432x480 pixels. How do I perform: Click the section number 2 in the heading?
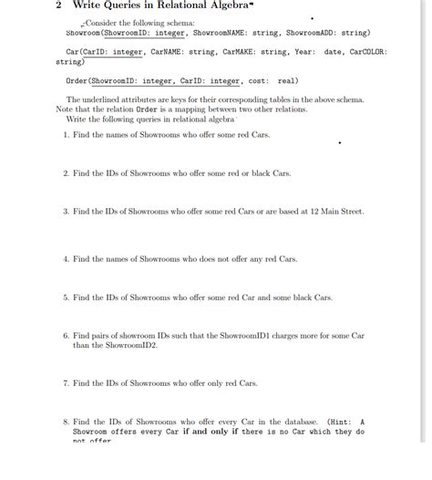(x=58, y=5)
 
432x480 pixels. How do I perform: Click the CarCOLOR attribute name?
(x=368, y=52)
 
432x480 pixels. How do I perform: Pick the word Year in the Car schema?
(x=302, y=52)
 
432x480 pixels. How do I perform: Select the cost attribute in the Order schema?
(x=258, y=80)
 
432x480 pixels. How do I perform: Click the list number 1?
(x=66, y=134)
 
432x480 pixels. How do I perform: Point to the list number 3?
(x=66, y=211)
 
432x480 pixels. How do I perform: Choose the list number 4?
(x=66, y=258)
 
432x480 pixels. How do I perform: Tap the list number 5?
(x=66, y=297)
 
